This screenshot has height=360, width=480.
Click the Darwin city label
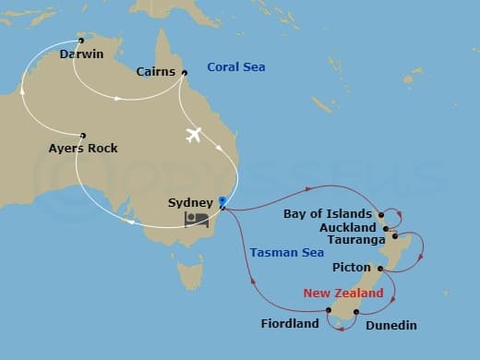pyautogui.click(x=80, y=54)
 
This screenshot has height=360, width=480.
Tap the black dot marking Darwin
pyautogui.click(x=81, y=41)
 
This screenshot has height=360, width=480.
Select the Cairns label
pyautogui.click(x=156, y=72)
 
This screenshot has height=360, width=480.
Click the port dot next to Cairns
pyautogui.click(x=184, y=73)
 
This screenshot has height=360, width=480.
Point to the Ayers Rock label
pyautogui.click(x=83, y=148)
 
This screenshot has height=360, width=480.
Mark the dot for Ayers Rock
pyautogui.click(x=83, y=135)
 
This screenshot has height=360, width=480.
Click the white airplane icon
pyautogui.click(x=194, y=135)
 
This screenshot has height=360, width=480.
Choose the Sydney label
pyautogui.click(x=191, y=202)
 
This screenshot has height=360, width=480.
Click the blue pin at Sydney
pyautogui.click(x=222, y=199)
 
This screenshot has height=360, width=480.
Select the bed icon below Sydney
pyautogui.click(x=196, y=220)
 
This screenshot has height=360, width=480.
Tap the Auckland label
pyautogui.click(x=347, y=227)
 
